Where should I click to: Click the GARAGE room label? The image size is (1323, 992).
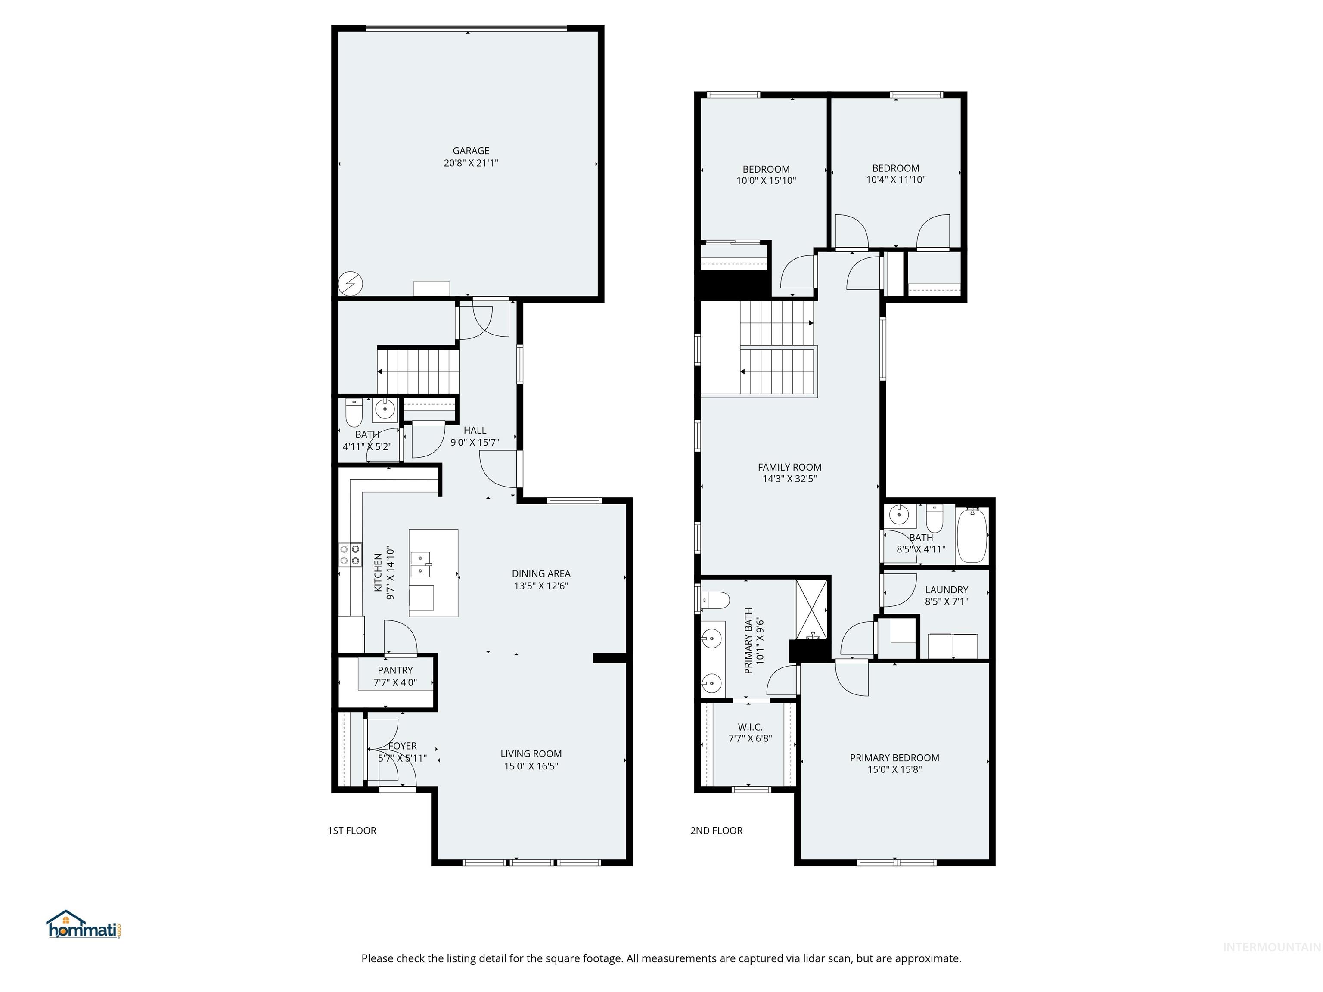pyautogui.click(x=471, y=151)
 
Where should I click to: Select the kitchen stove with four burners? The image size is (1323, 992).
pyautogui.click(x=350, y=554)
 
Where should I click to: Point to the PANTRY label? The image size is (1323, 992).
pyautogui.click(x=395, y=670)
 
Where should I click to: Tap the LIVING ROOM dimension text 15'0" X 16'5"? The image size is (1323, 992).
pyautogui.click(x=531, y=766)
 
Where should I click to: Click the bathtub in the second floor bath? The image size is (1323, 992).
pyautogui.click(x=972, y=535)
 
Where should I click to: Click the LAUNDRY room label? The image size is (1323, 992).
pyautogui.click(x=946, y=589)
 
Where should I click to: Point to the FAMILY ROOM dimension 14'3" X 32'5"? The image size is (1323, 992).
pyautogui.click(x=789, y=478)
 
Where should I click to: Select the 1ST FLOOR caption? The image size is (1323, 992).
pyautogui.click(x=352, y=831)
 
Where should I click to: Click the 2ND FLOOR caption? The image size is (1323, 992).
pyautogui.click(x=716, y=831)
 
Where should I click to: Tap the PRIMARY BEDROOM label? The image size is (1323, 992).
pyautogui.click(x=894, y=758)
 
